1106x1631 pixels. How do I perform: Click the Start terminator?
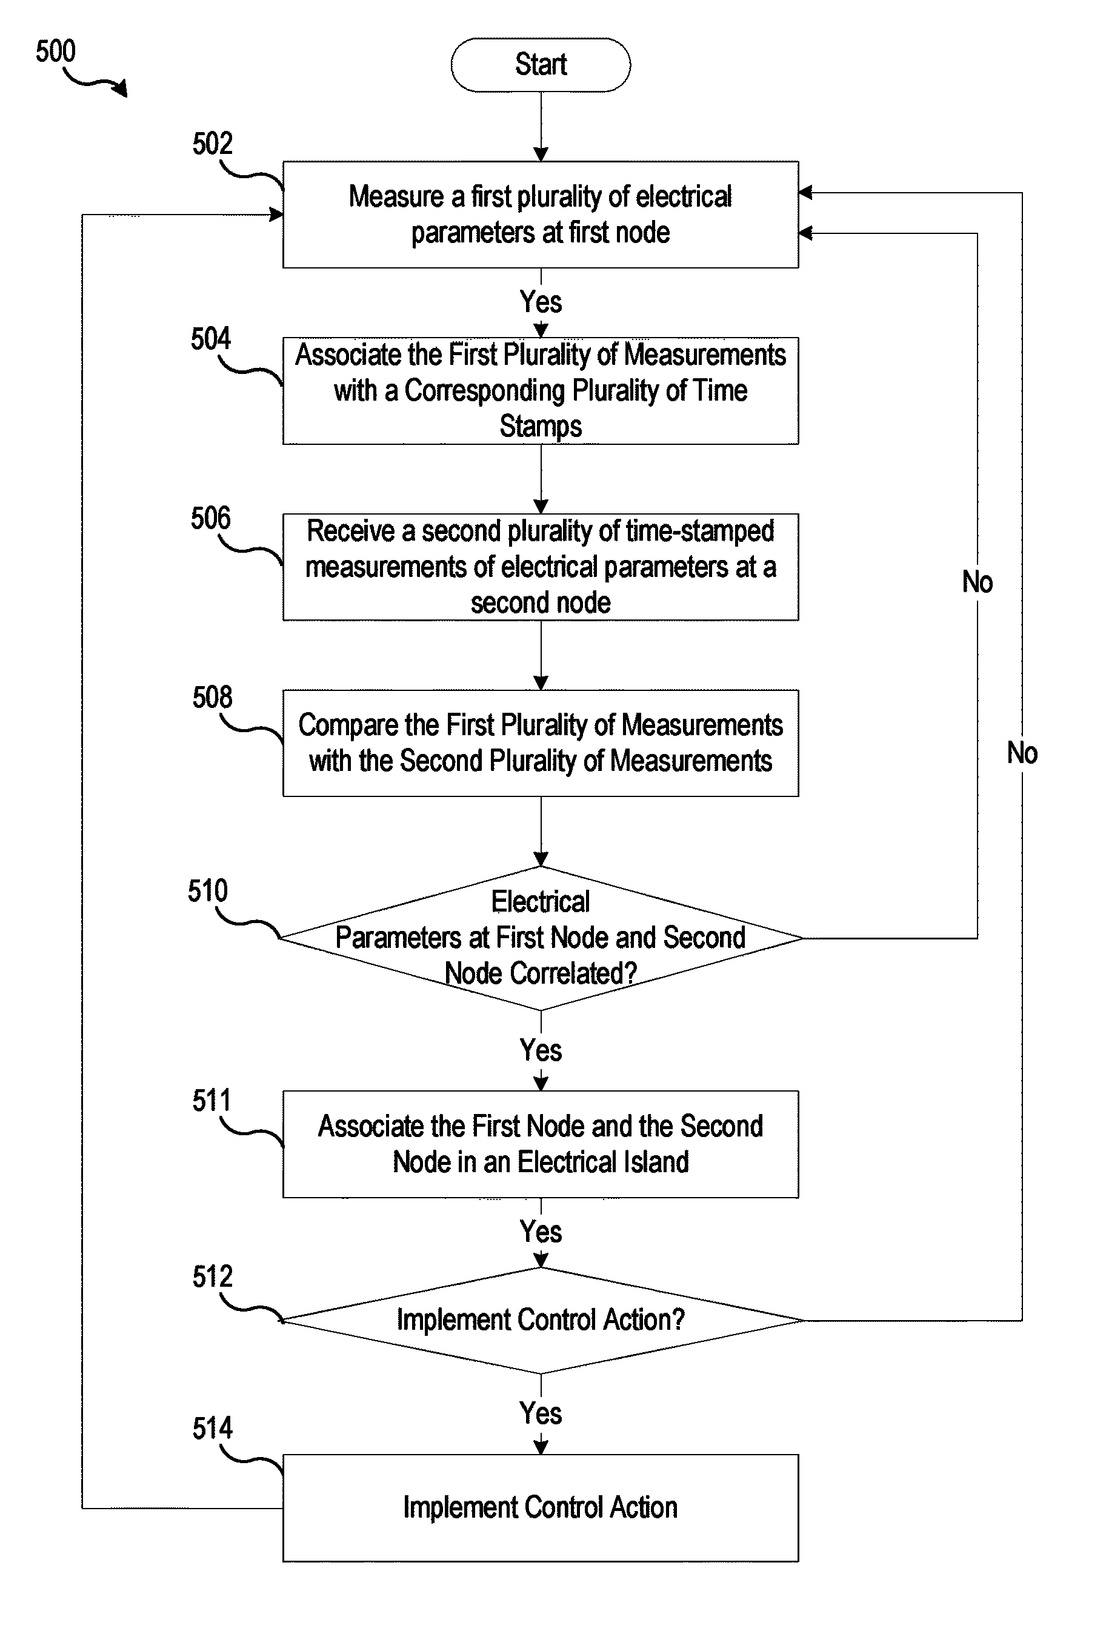tap(541, 65)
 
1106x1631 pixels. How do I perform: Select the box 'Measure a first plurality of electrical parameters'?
tap(541, 214)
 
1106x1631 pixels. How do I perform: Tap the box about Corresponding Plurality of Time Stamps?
tap(541, 391)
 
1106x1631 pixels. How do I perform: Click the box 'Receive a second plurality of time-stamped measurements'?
tap(541, 567)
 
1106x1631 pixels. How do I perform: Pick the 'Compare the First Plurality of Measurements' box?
tap(541, 743)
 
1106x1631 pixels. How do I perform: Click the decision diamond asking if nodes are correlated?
tap(541, 938)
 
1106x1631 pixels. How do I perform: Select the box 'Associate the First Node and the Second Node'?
tap(541, 1144)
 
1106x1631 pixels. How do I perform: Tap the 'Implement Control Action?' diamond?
tap(541, 1320)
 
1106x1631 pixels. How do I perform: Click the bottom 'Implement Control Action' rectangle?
tap(541, 1507)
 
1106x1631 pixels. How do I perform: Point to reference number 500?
tap(55, 52)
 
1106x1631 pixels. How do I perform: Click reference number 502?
tap(212, 143)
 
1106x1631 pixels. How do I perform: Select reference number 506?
tap(210, 518)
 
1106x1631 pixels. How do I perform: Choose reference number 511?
tap(212, 1101)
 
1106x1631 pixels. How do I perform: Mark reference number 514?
tap(212, 1429)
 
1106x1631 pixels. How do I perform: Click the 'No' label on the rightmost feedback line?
tap(1022, 753)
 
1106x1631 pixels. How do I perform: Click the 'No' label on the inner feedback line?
tap(978, 582)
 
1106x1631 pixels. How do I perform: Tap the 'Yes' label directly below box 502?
tap(541, 302)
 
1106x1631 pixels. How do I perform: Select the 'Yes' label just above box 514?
tap(541, 1413)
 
